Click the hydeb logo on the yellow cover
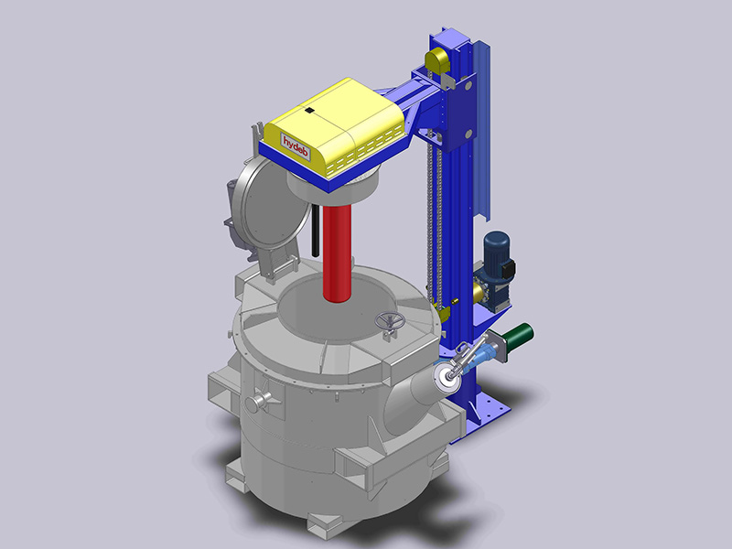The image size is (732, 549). coord(296,145)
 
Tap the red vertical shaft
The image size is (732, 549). coord(337,253)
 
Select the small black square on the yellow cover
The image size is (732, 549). coord(309,111)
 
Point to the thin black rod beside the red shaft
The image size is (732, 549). coord(315,231)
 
